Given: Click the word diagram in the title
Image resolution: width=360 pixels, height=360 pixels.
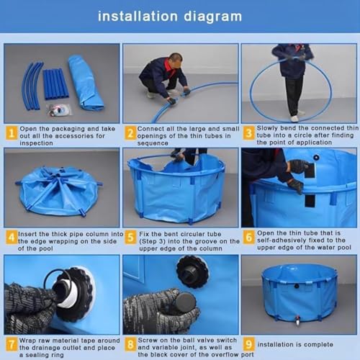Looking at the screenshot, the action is [x=212, y=17].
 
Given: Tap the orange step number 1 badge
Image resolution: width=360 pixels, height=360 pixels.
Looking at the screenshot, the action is [x=12, y=133].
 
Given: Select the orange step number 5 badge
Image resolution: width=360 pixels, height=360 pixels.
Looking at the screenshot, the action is [x=130, y=238].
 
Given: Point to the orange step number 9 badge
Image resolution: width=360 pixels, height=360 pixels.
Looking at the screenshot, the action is [x=248, y=344].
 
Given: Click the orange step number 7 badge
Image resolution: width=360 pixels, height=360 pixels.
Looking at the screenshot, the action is [x=12, y=344].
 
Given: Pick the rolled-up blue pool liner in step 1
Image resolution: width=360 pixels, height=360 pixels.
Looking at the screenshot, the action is [x=85, y=82].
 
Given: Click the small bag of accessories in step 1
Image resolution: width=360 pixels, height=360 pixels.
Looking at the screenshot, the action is [x=59, y=110].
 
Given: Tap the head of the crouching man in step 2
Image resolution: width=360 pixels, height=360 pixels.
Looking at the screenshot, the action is [x=176, y=61].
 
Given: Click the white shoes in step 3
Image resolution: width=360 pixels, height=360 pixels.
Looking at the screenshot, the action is [x=297, y=116].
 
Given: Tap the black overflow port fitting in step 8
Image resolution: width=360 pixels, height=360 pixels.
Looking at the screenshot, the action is [x=192, y=271].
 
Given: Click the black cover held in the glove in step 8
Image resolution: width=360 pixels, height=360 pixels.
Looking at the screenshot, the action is [x=185, y=302].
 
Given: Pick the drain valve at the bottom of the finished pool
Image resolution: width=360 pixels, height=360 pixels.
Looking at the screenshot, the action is [x=297, y=320].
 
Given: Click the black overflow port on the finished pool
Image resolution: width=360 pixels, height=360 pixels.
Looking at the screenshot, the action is [x=297, y=286].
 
